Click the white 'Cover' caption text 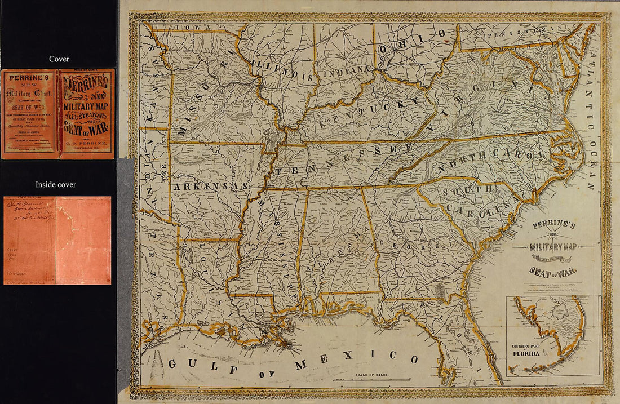59,59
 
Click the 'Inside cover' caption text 56,184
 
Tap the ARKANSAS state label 211,186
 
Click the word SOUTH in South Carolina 467,190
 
